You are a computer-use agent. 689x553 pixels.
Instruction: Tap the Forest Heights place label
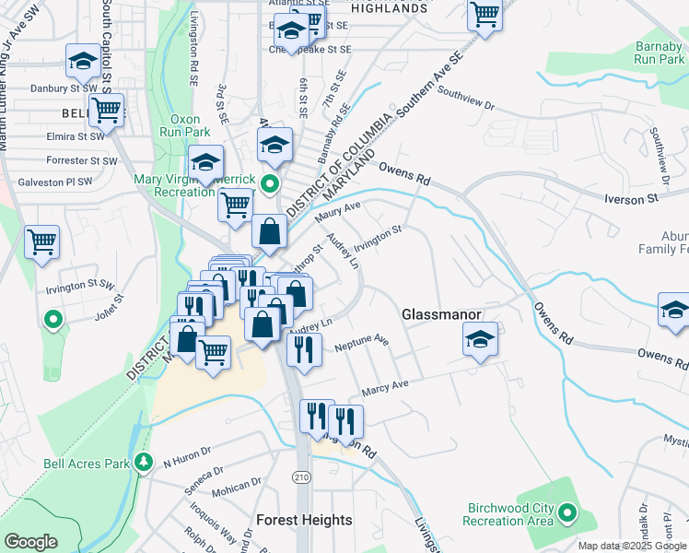click(304, 520)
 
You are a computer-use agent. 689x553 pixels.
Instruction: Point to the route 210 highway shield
click(301, 477)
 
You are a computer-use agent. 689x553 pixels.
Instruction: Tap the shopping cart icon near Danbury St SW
click(106, 111)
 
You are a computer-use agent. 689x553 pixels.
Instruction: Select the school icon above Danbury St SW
click(84, 62)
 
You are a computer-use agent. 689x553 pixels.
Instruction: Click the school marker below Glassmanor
click(480, 339)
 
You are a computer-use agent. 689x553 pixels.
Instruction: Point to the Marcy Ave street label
click(386, 384)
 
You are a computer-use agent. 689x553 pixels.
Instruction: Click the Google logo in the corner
click(30, 542)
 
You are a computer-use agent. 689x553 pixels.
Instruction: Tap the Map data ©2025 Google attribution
click(632, 546)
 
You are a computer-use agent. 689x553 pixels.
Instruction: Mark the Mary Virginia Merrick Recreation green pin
click(270, 183)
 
